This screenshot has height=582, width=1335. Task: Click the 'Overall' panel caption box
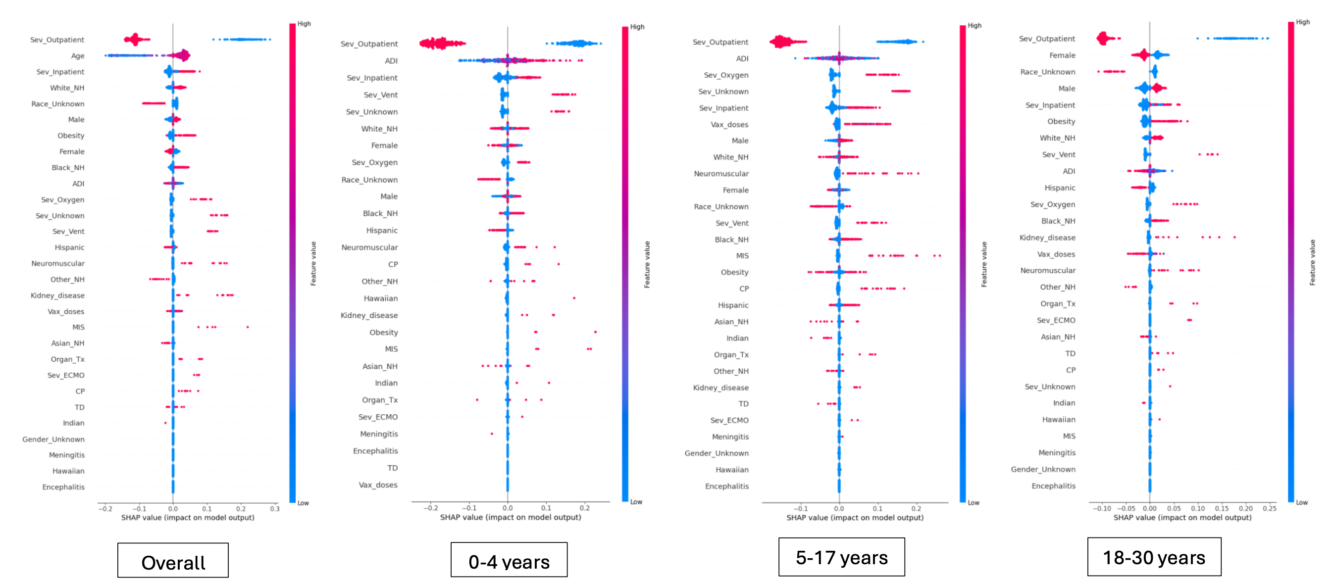tap(173, 561)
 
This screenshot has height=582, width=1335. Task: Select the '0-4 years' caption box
tap(509, 560)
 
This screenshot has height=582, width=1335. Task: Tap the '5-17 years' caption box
tap(842, 557)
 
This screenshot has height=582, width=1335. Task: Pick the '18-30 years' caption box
tap(1154, 557)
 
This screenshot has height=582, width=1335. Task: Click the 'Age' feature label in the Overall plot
tap(78, 56)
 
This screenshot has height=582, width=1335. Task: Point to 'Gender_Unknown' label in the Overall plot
tap(53, 439)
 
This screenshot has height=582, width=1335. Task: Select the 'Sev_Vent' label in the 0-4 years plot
tap(381, 95)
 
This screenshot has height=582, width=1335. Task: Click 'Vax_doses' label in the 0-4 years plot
tap(378, 485)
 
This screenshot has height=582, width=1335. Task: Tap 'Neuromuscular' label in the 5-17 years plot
tap(721, 173)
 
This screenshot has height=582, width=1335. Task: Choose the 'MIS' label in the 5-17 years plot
tap(742, 256)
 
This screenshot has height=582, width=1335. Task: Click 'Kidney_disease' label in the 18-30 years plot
tap(1047, 238)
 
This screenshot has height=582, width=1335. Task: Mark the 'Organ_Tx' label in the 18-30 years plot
tap(1058, 304)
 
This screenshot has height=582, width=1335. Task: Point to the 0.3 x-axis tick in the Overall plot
tap(275, 508)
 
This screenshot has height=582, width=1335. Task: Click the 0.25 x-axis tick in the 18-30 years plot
tap(1269, 508)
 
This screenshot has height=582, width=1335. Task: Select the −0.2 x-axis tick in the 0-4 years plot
tap(430, 508)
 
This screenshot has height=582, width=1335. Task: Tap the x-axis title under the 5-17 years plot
tap(855, 517)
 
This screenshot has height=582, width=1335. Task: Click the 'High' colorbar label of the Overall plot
tap(304, 24)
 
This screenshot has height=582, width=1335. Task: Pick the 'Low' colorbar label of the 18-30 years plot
tap(1302, 502)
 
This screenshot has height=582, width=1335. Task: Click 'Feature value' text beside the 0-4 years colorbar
tap(647, 264)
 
